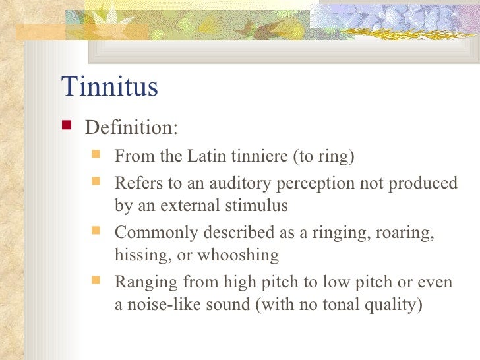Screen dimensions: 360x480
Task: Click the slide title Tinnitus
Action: tap(109, 86)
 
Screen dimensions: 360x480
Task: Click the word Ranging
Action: tap(144, 283)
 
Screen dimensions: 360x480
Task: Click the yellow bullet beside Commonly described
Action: tap(96, 231)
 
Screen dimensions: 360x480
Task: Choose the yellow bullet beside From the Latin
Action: tap(96, 156)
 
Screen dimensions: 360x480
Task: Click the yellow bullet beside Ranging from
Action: tap(96, 282)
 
